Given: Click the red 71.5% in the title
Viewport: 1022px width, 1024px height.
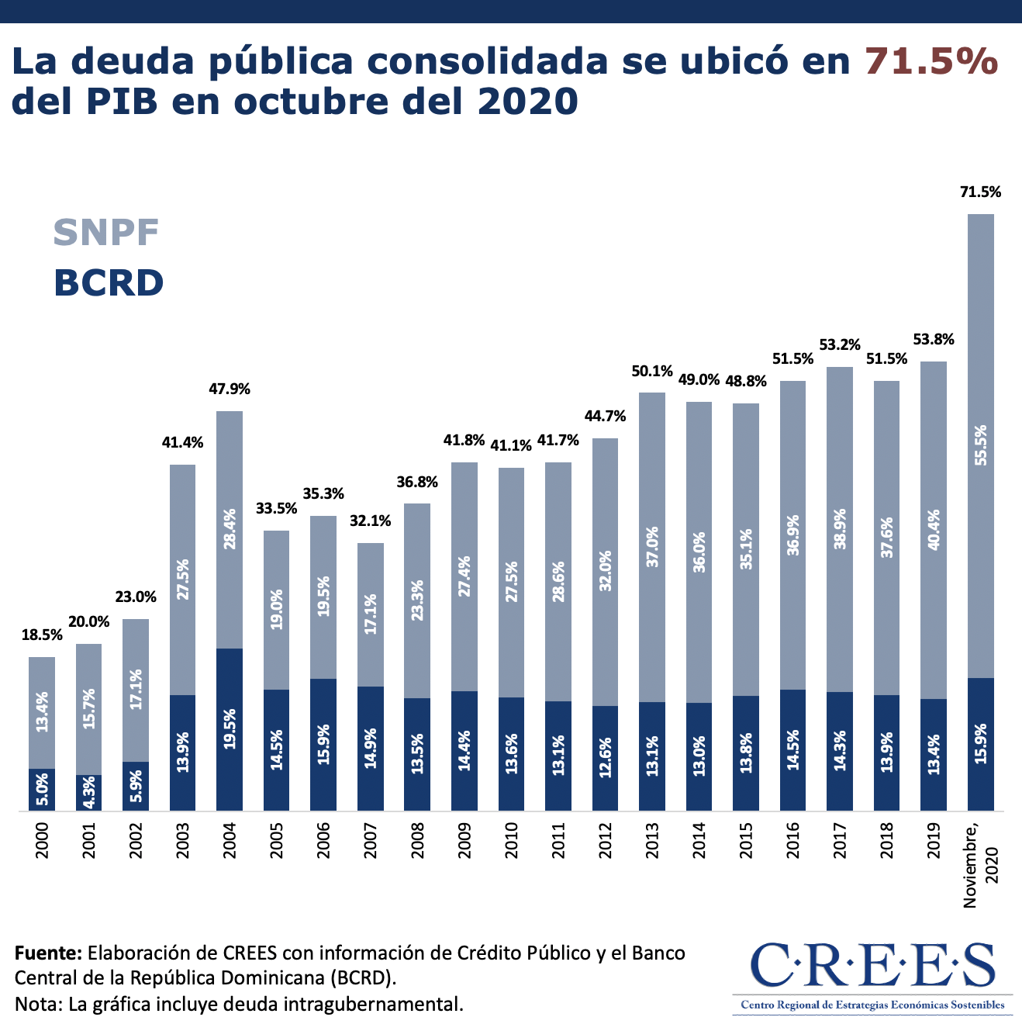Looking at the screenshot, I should (931, 61).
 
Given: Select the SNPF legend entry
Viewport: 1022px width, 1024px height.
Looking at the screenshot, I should (106, 232).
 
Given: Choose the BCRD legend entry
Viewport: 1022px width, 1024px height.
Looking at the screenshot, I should (109, 282).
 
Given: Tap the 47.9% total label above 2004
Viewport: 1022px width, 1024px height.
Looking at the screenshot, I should (230, 389).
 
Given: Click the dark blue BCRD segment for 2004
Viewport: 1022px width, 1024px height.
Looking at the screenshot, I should (230, 729).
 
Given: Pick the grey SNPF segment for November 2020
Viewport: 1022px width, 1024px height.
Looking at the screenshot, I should (981, 446).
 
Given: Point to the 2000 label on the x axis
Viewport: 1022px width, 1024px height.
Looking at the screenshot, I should (42, 841).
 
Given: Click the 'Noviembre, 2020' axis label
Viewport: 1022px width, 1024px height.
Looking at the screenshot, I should (981, 863).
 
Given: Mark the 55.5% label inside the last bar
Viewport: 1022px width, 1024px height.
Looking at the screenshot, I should (981, 445).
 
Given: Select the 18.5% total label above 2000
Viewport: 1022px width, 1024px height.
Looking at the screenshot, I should (42, 635).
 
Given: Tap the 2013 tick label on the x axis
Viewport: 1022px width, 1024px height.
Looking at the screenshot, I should (652, 841).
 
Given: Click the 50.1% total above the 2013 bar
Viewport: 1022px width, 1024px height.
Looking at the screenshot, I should (652, 372).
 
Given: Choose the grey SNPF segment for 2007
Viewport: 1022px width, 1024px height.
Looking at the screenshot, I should (371, 614).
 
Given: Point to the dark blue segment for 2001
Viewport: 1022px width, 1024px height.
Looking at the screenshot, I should (89, 793).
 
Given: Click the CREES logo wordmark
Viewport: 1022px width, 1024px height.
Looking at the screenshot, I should (872, 967).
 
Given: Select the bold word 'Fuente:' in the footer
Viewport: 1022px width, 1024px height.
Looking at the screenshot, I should (48, 953).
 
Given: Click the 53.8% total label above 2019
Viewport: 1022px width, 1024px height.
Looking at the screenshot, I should (934, 340).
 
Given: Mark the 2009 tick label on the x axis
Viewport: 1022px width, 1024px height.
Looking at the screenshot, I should (464, 841).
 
